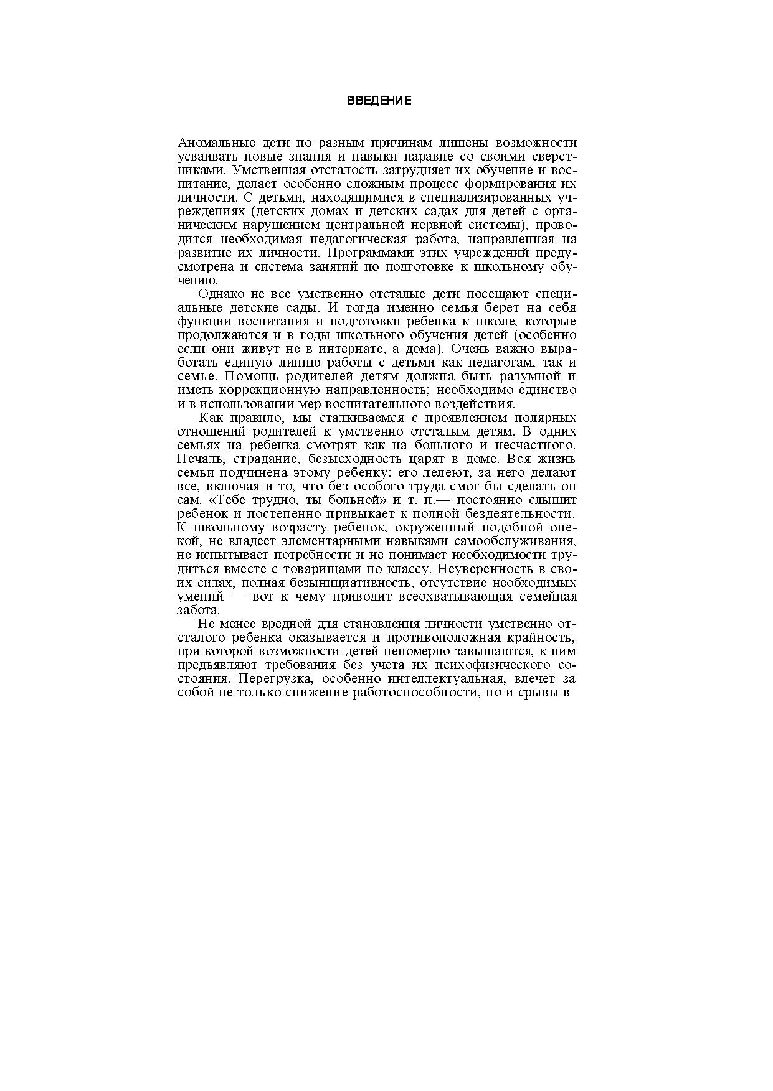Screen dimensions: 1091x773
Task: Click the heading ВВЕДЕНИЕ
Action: coord(379,101)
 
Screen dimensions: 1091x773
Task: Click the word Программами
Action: coord(368,253)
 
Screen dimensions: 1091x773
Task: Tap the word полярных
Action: coord(543,418)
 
